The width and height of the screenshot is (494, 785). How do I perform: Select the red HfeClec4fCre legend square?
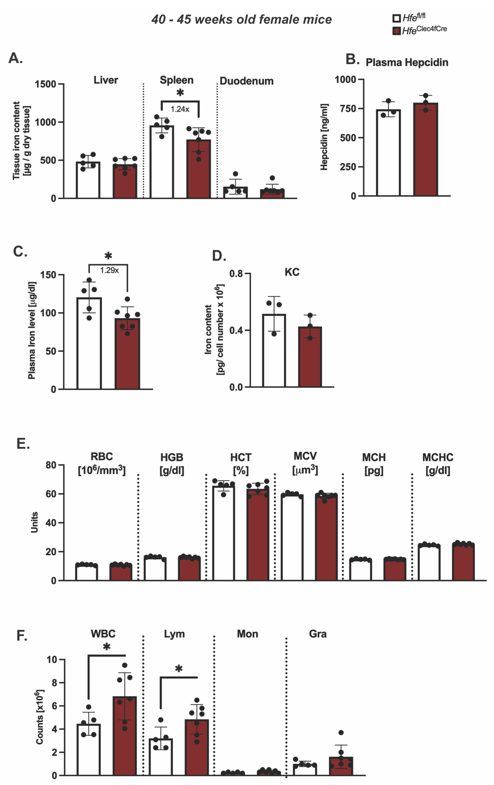[x=396, y=31]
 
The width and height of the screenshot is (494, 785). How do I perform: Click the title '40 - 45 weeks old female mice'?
[x=241, y=20]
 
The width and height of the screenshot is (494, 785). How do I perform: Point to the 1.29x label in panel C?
[x=109, y=270]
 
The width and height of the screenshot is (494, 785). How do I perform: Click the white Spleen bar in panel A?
[x=161, y=163]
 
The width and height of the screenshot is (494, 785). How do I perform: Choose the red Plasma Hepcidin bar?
[x=425, y=150]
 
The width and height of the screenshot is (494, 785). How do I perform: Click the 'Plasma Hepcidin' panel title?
[x=407, y=62]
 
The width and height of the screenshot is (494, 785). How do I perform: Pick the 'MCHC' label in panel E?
[x=438, y=457]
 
